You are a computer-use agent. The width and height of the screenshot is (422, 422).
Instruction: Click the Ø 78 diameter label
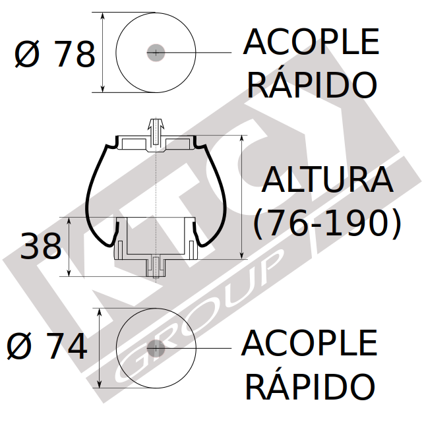click(55, 53)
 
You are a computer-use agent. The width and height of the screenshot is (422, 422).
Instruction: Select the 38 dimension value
click(41, 246)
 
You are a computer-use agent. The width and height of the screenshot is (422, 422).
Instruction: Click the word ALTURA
click(328, 179)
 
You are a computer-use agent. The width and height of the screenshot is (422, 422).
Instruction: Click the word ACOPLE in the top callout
click(311, 42)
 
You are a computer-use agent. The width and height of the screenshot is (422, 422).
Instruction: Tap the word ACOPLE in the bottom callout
click(309, 343)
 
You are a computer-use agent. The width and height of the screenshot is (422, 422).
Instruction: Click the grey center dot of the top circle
click(156, 53)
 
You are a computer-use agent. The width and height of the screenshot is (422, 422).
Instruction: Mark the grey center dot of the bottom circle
click(156, 348)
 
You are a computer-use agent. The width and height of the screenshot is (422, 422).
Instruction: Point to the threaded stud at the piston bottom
click(156, 267)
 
